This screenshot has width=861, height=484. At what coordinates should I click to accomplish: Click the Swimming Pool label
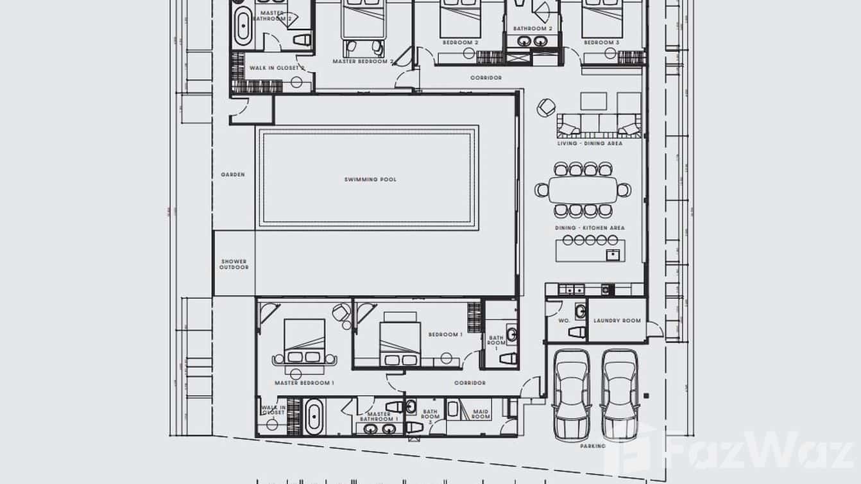coord(370,180)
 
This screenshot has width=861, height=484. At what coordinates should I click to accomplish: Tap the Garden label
coord(232,175)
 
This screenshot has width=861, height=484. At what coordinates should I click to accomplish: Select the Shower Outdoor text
coord(234,264)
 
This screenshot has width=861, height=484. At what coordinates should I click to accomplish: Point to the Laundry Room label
coord(617,321)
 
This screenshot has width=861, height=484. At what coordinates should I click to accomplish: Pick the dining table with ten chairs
coord(583,190)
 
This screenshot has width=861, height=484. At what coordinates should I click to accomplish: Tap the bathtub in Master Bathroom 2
coord(243,26)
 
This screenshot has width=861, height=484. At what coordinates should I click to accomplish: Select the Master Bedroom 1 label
coord(304,383)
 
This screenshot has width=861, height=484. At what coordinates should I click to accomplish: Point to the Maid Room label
coord(481,414)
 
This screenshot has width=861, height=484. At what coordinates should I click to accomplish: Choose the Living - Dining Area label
coord(590,144)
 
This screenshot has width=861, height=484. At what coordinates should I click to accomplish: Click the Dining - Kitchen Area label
coord(590,228)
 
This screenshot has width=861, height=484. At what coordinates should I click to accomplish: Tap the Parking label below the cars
coord(592,445)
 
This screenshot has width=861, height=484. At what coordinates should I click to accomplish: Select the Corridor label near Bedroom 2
coord(486,78)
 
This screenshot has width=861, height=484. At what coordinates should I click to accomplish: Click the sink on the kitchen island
coord(612,255)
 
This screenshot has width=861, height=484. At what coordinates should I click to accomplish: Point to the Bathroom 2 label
coord(533,29)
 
